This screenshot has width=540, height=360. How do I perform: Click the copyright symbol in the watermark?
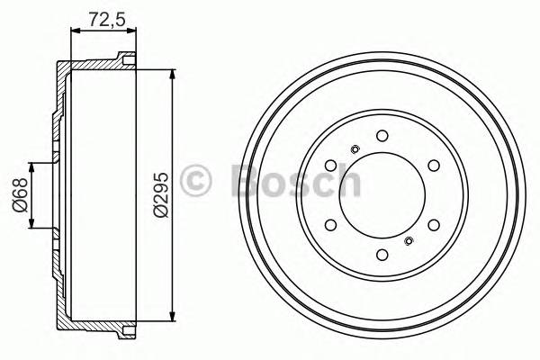198,181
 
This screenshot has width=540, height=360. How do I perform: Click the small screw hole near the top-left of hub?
355,149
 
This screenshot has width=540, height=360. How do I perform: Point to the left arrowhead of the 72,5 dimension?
73,31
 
